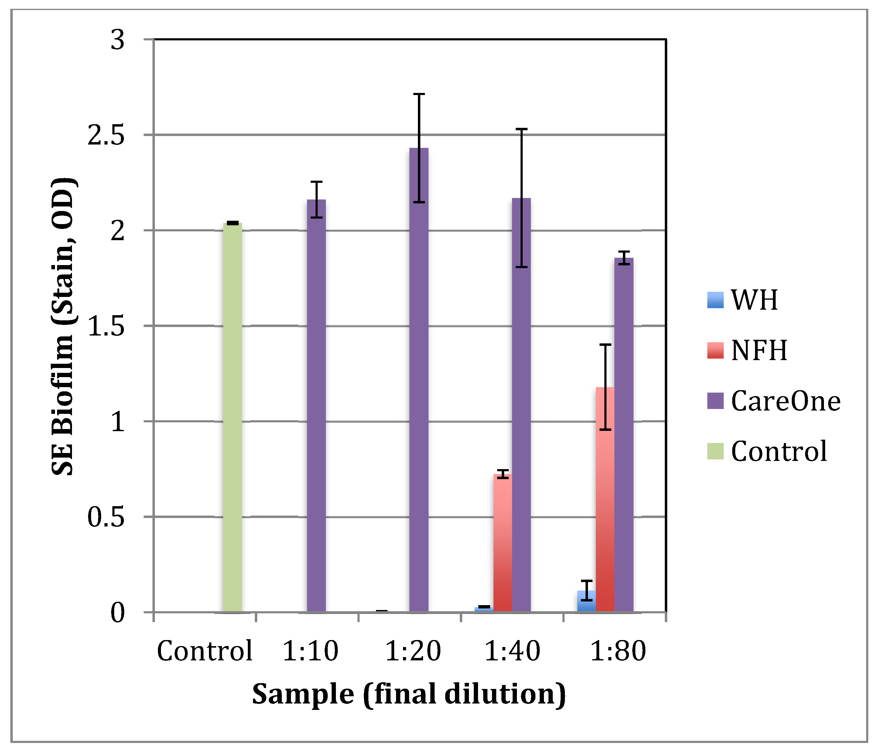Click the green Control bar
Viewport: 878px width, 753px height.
[x=232, y=417]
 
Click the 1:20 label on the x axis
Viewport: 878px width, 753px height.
[x=413, y=651]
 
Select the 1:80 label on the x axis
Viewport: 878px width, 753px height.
[x=618, y=651]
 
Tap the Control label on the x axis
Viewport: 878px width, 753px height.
[x=204, y=651]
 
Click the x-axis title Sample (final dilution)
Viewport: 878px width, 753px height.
[x=408, y=695]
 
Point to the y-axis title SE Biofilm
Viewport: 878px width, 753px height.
[x=63, y=326]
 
